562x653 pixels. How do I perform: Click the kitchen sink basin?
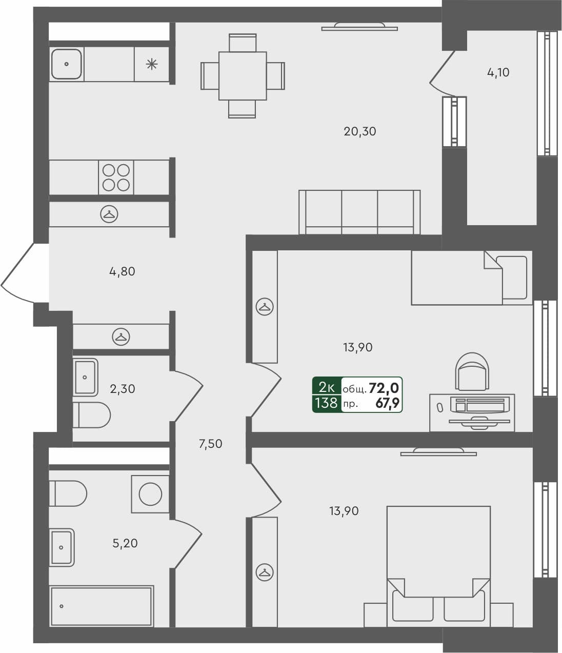(67, 64)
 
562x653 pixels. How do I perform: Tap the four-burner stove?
(116, 177)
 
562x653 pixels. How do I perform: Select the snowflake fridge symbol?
(151, 64)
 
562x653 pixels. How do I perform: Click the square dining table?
(242, 76)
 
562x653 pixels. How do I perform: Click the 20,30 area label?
(359, 131)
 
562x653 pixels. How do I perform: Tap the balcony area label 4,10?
(498, 72)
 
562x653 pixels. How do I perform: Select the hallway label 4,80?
(122, 271)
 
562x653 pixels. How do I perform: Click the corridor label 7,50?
(210, 444)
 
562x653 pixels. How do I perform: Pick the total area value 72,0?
(384, 388)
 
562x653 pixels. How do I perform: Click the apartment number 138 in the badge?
(326, 403)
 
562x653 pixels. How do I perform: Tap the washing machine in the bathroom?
(150, 494)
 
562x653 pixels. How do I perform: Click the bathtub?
(102, 606)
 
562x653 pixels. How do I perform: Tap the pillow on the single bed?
(514, 278)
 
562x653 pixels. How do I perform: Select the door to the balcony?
(441, 69)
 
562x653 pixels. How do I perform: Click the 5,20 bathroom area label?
(125, 543)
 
